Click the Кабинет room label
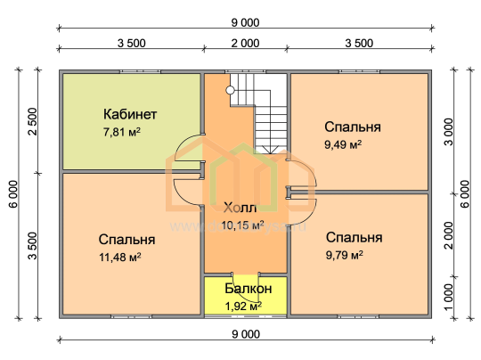tap(130, 114)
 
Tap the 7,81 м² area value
tap(122, 132)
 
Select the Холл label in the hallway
tap(240, 209)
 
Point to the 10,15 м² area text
tap(242, 225)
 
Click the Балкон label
tap(249, 289)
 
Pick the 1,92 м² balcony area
tap(243, 306)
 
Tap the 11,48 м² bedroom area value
tap(120, 258)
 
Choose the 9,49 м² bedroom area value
tap(343, 144)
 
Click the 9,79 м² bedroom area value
tap(344, 255)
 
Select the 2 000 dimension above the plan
tap(245, 44)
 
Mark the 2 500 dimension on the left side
tap(32, 121)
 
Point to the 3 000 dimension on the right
tap(449, 132)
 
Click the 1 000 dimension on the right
tap(448, 297)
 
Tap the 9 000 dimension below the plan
tap(246, 334)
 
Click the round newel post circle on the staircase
tap(230, 90)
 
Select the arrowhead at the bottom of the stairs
tap(270, 151)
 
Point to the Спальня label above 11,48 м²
tap(126, 240)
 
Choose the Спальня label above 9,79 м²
tap(354, 238)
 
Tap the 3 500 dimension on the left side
tap(32, 246)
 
